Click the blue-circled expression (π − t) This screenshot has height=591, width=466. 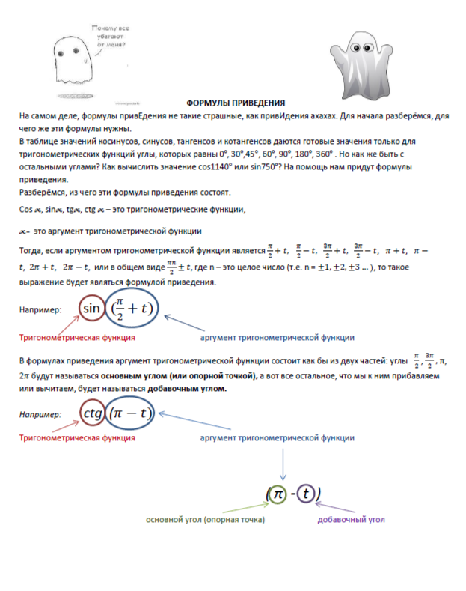[x=131, y=413]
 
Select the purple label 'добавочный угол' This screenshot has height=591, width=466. [x=352, y=519]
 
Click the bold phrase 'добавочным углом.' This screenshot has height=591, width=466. [x=190, y=389]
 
